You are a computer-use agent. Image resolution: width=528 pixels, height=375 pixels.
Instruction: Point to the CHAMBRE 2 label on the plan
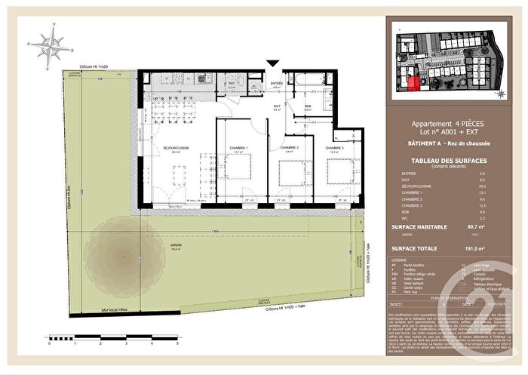click(290, 147)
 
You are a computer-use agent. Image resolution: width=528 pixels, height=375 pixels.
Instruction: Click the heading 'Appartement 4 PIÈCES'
click(447, 124)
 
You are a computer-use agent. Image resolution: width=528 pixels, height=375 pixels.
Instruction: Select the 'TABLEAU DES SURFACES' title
click(447, 161)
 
